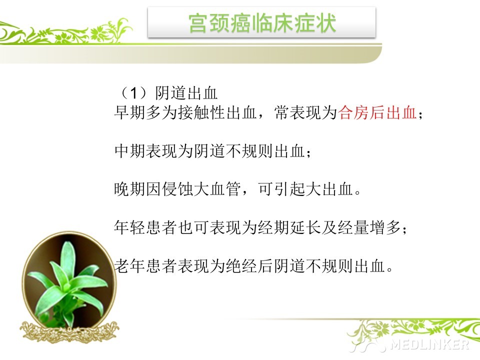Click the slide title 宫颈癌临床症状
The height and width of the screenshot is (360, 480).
262,23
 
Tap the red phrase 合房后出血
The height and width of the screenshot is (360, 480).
377,112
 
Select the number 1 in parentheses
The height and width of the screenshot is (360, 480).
133,93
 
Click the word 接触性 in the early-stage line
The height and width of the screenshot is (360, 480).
201,112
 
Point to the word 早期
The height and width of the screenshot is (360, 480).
130,112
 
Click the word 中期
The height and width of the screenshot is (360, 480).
130,150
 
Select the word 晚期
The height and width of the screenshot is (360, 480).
130,189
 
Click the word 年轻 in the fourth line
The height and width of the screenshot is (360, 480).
130,227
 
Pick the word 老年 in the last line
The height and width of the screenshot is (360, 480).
130,265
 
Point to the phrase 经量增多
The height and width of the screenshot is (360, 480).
369,227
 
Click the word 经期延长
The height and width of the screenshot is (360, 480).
289,227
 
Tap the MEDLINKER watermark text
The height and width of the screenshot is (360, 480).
429,345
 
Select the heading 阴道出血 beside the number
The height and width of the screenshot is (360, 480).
186,93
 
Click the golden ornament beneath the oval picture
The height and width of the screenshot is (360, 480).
69,331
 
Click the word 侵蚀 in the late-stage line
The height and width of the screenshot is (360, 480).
177,189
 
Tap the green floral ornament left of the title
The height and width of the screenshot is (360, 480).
66,32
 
